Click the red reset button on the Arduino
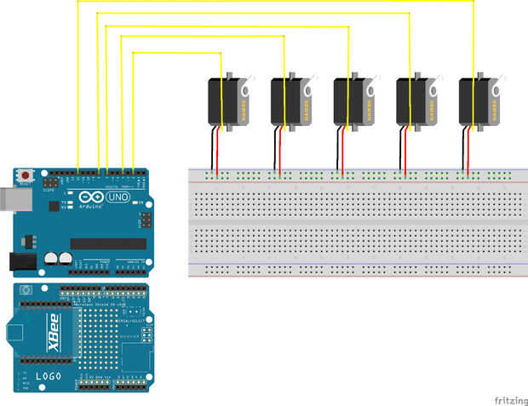tap(26, 175)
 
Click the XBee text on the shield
tap(54, 349)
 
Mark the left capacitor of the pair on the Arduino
tap(52, 257)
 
